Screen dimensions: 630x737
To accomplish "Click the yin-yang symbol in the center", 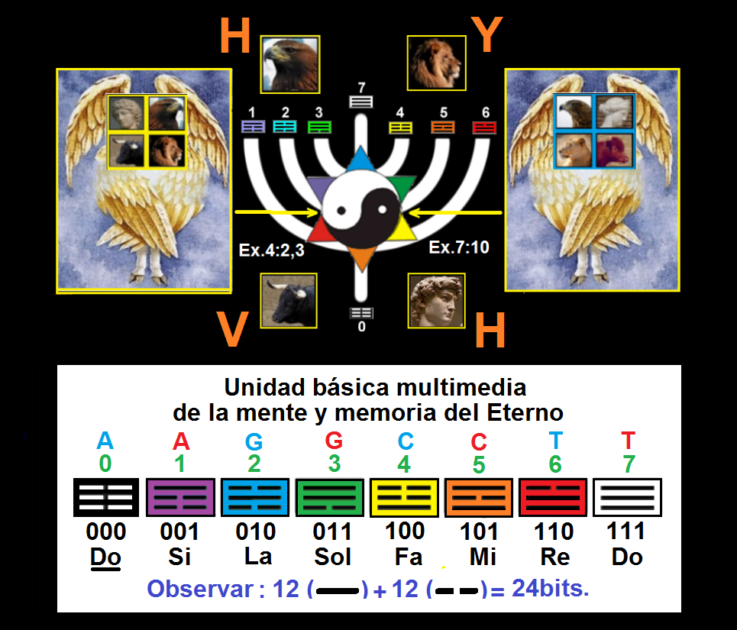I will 361,207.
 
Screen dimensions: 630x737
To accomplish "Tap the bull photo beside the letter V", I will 289,301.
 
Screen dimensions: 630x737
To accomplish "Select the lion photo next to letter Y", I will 436,64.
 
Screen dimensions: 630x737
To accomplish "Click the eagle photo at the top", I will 289,64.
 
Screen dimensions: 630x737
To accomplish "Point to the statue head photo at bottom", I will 436,301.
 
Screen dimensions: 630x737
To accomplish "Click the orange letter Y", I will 486,34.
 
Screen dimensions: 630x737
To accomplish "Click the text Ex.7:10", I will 458,247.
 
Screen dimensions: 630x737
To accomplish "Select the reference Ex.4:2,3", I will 271,250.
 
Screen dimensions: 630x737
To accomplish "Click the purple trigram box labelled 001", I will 179,498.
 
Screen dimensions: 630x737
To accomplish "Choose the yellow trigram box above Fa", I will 404,498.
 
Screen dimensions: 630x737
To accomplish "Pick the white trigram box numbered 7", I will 627,498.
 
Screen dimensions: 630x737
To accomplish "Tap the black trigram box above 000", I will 105,498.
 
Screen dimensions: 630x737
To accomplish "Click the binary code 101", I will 479,531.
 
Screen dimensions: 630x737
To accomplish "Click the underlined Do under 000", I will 105,557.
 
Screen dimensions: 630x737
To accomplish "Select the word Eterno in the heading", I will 524,413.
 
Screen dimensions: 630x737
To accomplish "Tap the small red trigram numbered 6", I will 485,128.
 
